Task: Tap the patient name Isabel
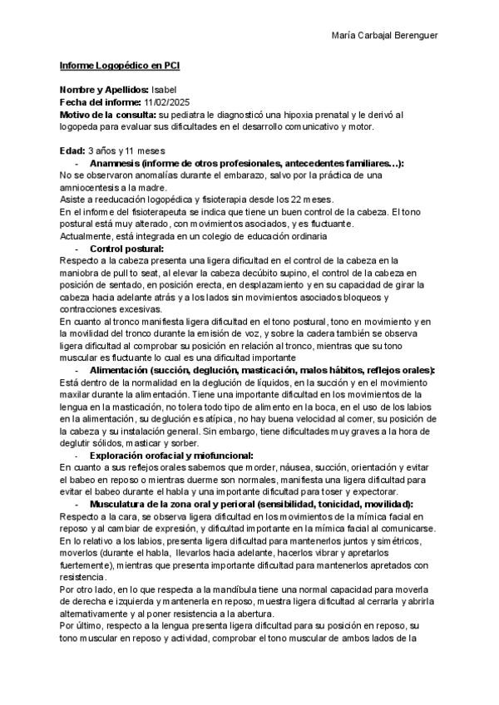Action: (164, 89)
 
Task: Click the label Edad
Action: (72, 151)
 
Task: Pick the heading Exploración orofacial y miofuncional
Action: (170, 456)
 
